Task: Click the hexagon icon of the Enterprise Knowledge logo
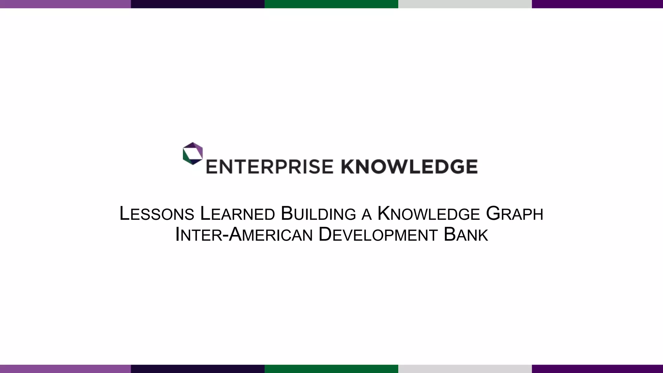coord(193,153)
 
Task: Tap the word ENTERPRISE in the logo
coord(269,167)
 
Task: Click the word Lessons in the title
coord(157,214)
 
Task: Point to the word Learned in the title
coord(238,214)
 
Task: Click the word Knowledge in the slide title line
coord(429,214)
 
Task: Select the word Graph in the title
coord(515,214)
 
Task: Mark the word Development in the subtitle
coord(378,235)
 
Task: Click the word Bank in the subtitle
coord(466,235)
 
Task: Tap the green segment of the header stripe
coord(331,4)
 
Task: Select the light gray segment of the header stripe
coord(465,4)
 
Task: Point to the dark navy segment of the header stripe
coord(197,4)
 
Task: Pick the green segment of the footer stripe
coord(331,369)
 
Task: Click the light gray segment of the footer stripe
coord(465,369)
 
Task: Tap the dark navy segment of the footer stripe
coord(197,369)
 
